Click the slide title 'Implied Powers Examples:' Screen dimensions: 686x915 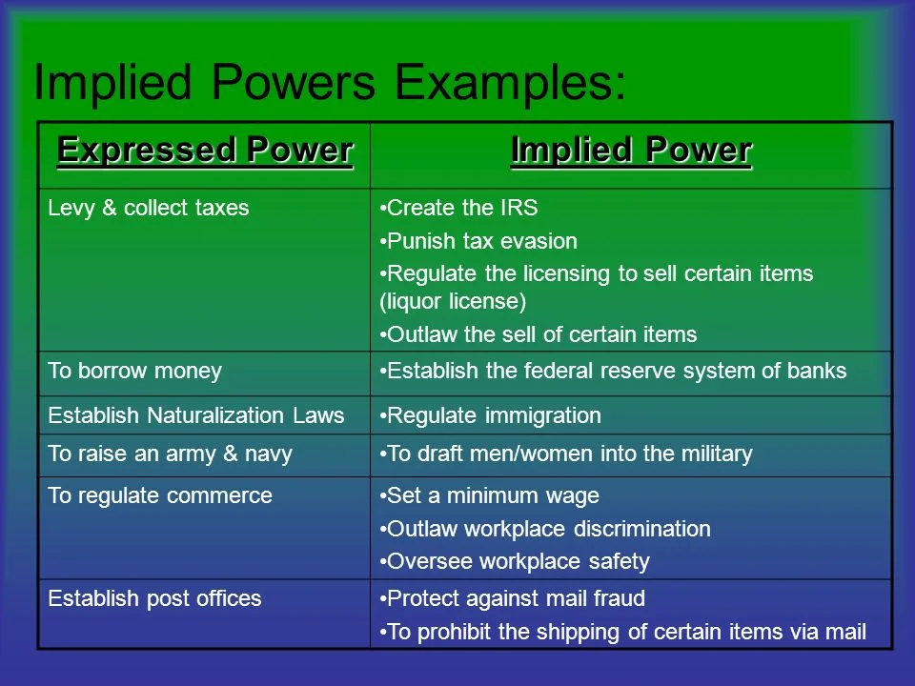[330, 82]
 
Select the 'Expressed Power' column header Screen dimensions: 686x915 [204, 151]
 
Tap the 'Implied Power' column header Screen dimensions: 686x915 [631, 151]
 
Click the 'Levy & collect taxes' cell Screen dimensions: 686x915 [149, 209]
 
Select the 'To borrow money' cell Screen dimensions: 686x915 [134, 371]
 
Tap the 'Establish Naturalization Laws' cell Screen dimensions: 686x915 [195, 415]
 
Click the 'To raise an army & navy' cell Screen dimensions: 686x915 [170, 454]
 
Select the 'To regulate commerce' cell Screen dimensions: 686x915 [160, 495]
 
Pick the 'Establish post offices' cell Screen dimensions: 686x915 [154, 598]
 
